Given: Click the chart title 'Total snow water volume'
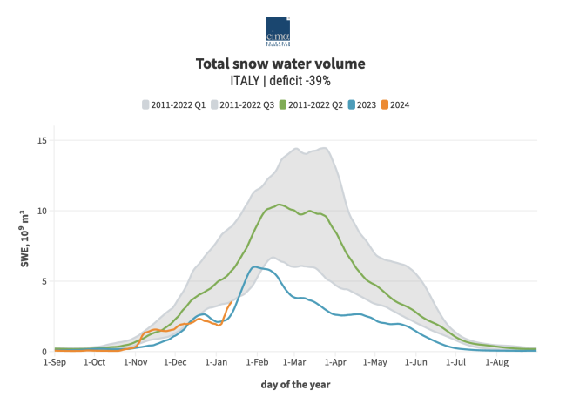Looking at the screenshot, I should point(280,64).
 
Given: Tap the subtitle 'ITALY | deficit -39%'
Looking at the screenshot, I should point(280,81).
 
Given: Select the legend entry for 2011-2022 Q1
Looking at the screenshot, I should point(173,105).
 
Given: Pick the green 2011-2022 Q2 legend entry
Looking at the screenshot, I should point(311,105).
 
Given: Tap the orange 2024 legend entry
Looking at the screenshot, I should point(397,105).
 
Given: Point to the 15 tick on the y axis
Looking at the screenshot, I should point(42,140).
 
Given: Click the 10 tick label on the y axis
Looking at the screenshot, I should point(42,211).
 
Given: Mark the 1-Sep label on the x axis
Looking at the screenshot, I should point(54,362).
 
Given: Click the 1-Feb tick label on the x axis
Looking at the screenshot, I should point(257,362).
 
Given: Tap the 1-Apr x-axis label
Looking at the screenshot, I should point(335,362).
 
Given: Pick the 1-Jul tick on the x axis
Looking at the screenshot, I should point(455,362).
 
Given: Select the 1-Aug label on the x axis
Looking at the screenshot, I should point(496,362).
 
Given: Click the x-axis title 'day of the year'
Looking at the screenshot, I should point(295,384).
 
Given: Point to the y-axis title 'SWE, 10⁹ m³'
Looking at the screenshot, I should point(24,246).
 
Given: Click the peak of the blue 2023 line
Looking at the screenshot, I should point(255,266).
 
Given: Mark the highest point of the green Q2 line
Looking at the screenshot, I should point(280,205).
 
